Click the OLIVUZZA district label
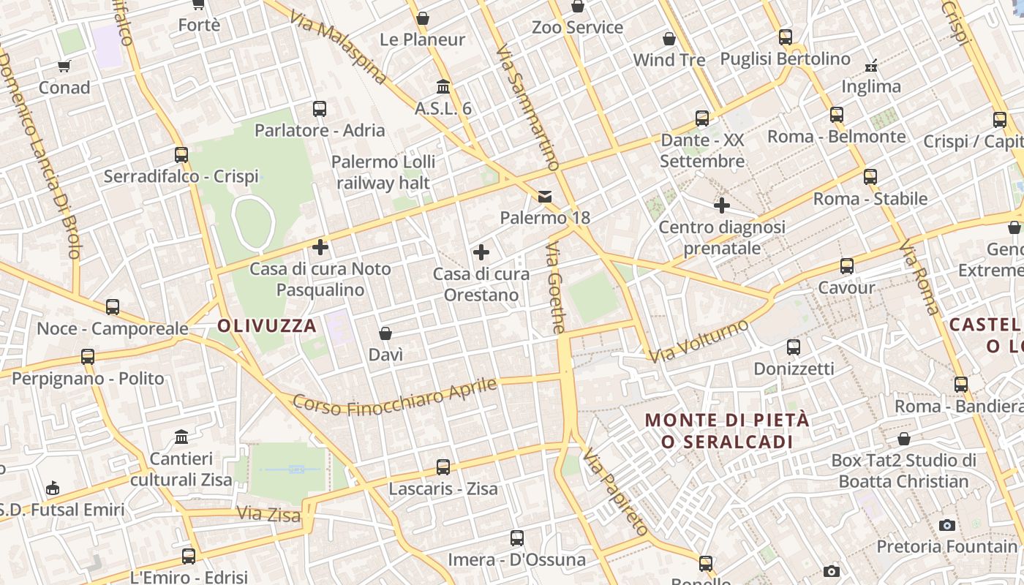(267, 325)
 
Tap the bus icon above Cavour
(847, 266)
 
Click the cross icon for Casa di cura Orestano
(481, 252)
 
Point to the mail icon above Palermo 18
(545, 196)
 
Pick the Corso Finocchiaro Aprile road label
(395, 396)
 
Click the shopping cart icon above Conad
(64, 67)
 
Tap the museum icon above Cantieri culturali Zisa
(181, 437)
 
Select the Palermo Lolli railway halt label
(384, 173)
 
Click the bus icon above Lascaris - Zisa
(443, 467)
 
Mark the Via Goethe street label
(555, 288)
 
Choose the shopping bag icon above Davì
(385, 333)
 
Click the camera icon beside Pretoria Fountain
(947, 525)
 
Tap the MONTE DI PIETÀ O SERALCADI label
(727, 431)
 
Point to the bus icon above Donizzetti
(794, 347)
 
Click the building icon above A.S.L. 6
(443, 87)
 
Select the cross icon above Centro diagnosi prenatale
(722, 205)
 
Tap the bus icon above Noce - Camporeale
(113, 307)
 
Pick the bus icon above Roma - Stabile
(870, 176)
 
